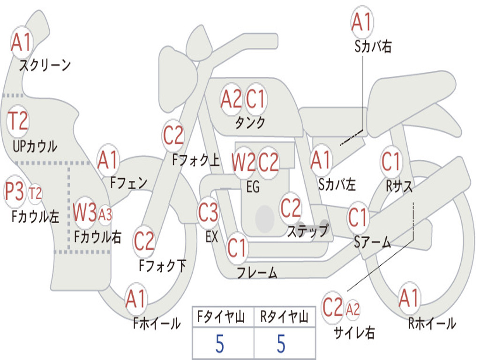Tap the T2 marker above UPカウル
[18, 121]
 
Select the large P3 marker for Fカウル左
[15, 192]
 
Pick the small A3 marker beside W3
[105, 215]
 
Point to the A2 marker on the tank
[232, 99]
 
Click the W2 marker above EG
[244, 162]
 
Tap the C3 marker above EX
[208, 212]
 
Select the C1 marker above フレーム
[237, 247]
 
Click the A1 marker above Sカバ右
[362, 22]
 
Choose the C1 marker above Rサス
[391, 161]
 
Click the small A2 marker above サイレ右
[352, 309]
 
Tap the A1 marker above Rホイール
[409, 298]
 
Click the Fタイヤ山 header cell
[223, 316]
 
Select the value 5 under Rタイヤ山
[281, 344]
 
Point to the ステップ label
[308, 230]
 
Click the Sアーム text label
[373, 242]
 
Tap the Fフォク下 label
[162, 265]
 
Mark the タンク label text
[250, 122]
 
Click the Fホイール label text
[157, 323]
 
